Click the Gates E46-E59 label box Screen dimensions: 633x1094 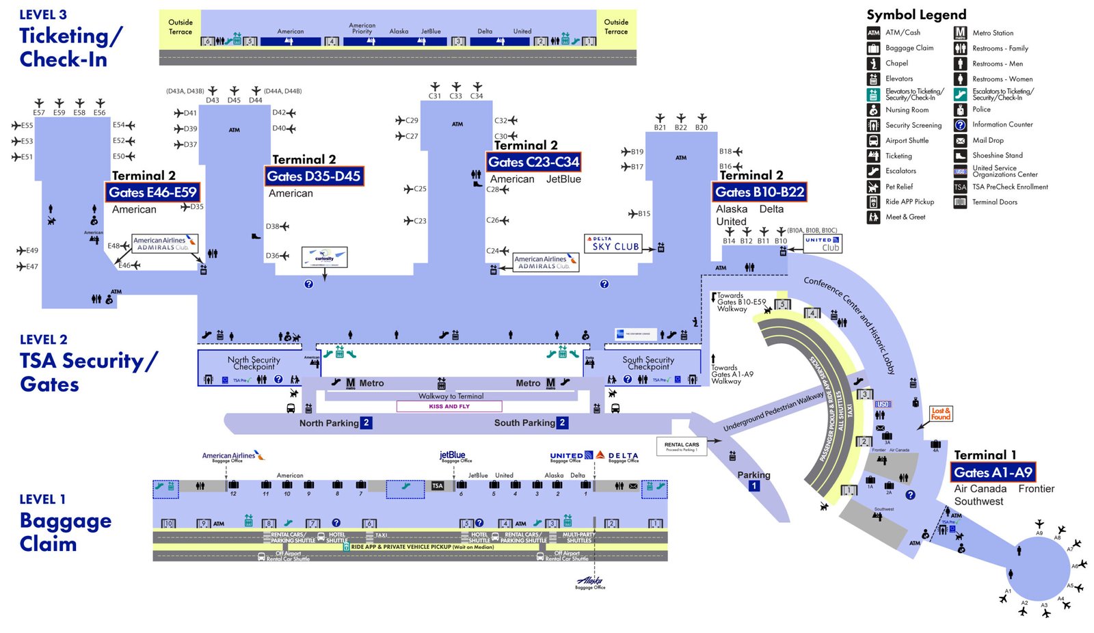(x=152, y=192)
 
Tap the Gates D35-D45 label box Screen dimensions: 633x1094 (x=314, y=176)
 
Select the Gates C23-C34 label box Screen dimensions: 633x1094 (x=534, y=162)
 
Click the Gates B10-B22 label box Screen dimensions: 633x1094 (x=760, y=192)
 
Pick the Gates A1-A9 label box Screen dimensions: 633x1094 (x=993, y=472)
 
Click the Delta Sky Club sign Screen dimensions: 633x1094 (x=613, y=243)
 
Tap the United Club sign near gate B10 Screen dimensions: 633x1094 (x=822, y=243)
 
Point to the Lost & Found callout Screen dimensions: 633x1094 (x=940, y=414)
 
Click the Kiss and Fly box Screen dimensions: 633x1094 (x=449, y=406)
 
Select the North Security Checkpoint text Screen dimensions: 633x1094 (x=254, y=363)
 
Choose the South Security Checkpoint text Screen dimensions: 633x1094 (x=648, y=363)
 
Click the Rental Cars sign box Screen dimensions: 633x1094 (x=681, y=446)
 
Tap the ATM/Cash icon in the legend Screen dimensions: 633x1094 (x=873, y=33)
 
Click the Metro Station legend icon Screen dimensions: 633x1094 (x=960, y=33)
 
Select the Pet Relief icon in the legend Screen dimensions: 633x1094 (x=873, y=187)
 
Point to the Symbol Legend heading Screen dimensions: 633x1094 (x=916, y=14)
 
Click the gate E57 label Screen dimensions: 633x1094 (x=39, y=113)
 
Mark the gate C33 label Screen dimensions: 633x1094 (x=455, y=96)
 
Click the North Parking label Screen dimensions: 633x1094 (x=329, y=423)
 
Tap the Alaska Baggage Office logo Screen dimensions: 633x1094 (x=590, y=582)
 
